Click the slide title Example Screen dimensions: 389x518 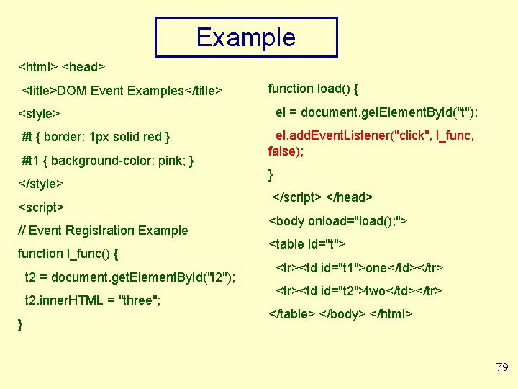(246, 37)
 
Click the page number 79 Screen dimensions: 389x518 (501, 367)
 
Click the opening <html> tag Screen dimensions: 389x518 (37, 67)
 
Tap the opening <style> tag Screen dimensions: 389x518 (39, 114)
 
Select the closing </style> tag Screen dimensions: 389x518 (41, 184)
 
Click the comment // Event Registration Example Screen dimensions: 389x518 (102, 231)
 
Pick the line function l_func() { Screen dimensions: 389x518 (68, 254)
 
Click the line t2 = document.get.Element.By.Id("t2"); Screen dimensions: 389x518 (130, 277)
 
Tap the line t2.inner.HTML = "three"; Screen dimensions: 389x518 (92, 300)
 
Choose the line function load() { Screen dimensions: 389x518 (313, 89)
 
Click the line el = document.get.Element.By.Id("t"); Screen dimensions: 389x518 (378, 112)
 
